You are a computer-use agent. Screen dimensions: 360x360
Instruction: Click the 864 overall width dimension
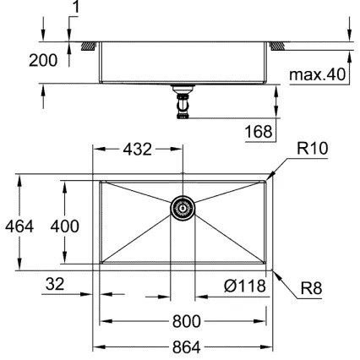[183, 346]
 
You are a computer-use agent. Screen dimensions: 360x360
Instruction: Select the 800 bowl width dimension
[183, 321]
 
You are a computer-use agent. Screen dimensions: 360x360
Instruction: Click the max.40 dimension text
[316, 75]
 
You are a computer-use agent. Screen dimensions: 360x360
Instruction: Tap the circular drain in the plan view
[183, 208]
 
